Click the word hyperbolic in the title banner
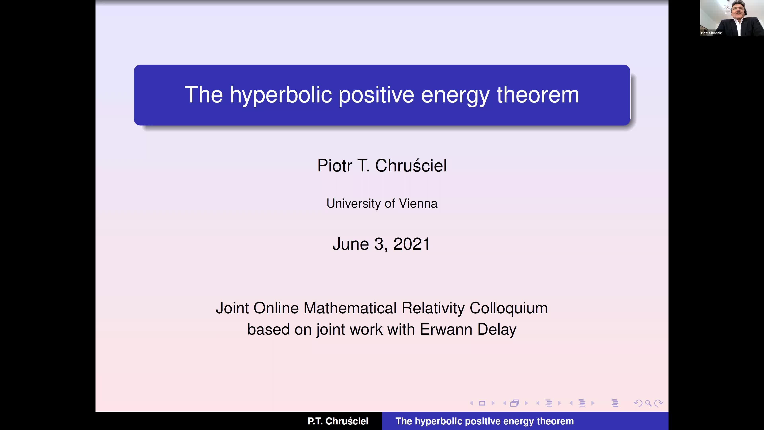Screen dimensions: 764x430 [281, 95]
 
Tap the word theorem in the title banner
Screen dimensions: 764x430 [538, 95]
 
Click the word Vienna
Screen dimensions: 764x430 [418, 204]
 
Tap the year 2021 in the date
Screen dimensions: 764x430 [411, 244]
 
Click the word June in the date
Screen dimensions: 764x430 [351, 244]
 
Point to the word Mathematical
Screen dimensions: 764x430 [350, 308]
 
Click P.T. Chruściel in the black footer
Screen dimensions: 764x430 [338, 421]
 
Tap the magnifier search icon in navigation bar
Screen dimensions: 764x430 [648, 403]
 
